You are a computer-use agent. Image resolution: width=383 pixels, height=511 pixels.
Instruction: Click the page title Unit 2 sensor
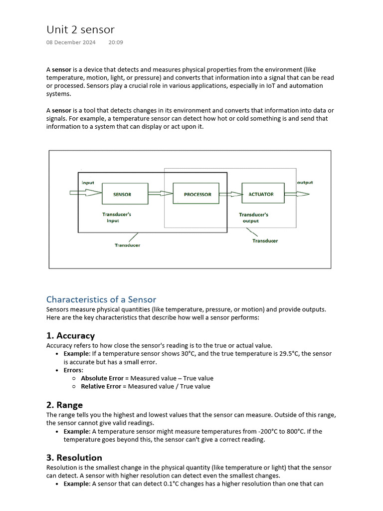(x=80, y=29)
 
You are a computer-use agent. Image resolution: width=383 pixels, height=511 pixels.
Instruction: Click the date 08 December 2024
(x=71, y=42)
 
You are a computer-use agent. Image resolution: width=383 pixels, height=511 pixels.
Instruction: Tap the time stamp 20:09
(x=116, y=42)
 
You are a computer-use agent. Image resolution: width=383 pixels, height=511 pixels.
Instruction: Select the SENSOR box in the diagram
(x=125, y=194)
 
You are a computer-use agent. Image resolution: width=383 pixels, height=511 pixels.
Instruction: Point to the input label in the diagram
(x=88, y=183)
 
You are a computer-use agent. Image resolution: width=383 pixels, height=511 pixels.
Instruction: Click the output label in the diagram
(x=305, y=183)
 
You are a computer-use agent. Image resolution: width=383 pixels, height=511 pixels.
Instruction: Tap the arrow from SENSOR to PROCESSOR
(x=160, y=194)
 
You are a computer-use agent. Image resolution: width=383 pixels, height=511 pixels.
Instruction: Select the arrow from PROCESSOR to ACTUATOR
(x=230, y=194)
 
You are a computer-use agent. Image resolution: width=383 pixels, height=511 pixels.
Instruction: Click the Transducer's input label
(x=116, y=218)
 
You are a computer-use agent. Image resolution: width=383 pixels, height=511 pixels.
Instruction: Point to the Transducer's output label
(x=253, y=218)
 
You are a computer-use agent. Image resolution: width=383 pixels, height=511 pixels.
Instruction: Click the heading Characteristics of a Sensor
(x=101, y=299)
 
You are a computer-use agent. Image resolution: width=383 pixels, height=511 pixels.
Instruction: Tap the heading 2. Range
(x=64, y=405)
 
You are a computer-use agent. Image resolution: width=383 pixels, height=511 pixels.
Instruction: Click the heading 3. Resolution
(x=74, y=458)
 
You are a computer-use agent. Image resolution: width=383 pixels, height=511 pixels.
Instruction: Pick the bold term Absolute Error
(x=102, y=378)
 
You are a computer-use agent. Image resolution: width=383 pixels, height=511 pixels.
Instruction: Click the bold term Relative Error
(x=101, y=386)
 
